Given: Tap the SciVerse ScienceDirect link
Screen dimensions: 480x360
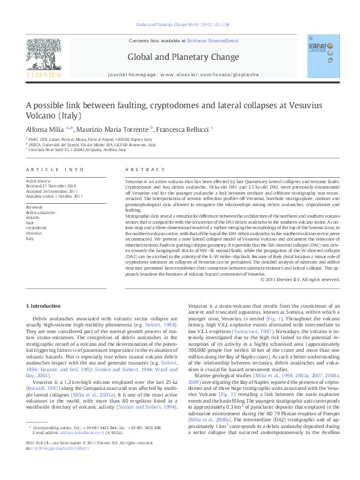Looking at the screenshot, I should [207, 41].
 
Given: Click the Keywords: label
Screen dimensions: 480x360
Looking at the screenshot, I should [36, 207].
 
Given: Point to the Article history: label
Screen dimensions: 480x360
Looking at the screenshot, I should [38, 181].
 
